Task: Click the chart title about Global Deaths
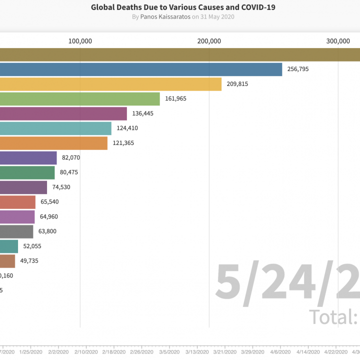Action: pyautogui.click(x=183, y=7)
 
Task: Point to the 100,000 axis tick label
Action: pyautogui.click(x=80, y=41)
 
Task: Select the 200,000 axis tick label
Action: pyautogui.click(x=209, y=41)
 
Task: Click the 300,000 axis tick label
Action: pyautogui.click(x=338, y=41)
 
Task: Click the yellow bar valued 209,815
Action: pyautogui.click(x=110, y=84)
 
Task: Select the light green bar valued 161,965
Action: pyautogui.click(x=80, y=99)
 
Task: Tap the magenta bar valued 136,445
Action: pyautogui.click(x=63, y=113)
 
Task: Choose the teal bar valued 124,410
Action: pyautogui.click(x=55, y=128)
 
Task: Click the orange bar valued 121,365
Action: pyautogui.click(x=53, y=143)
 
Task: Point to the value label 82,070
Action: pyautogui.click(x=71, y=157)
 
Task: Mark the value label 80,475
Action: pyautogui.click(x=69, y=172)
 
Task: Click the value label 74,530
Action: pyautogui.click(x=61, y=187)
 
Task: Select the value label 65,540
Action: pyautogui.click(x=49, y=202)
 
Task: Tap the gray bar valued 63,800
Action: pyautogui.click(x=16, y=231)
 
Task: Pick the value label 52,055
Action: pyautogui.click(x=32, y=246)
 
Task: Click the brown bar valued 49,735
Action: pyautogui.click(x=7, y=261)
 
